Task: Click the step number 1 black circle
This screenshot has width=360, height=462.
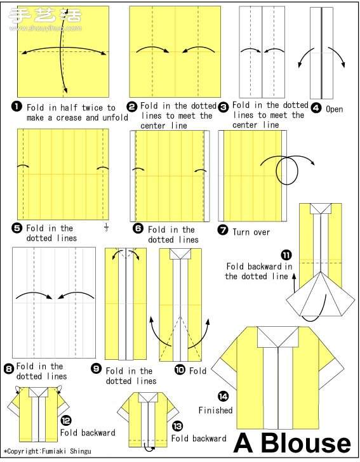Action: [x=17, y=107]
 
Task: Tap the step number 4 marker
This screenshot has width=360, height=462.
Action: [x=316, y=108]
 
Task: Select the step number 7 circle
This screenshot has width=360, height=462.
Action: [x=223, y=230]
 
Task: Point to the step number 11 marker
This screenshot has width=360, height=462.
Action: [x=286, y=254]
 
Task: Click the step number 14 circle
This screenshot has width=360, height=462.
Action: [x=223, y=396]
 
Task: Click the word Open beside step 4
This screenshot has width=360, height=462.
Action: [x=335, y=109]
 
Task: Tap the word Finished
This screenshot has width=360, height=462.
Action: [x=215, y=410]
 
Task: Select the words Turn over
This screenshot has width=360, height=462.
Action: [x=251, y=232]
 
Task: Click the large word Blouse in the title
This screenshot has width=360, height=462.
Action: [x=305, y=443]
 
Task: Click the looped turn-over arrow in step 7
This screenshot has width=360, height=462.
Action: [x=287, y=169]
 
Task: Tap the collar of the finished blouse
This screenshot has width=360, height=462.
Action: [x=278, y=337]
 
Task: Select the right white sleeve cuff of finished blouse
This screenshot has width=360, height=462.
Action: [x=331, y=372]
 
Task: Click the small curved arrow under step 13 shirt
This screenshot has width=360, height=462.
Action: [x=149, y=447]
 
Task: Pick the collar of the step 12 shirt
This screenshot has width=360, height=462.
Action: [x=38, y=392]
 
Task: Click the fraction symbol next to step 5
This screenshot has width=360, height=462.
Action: [x=107, y=227]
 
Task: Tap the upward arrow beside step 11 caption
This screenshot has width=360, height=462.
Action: [x=294, y=280]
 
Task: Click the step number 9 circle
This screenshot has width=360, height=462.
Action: [x=96, y=369]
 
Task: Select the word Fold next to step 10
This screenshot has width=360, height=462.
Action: [x=197, y=371]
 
